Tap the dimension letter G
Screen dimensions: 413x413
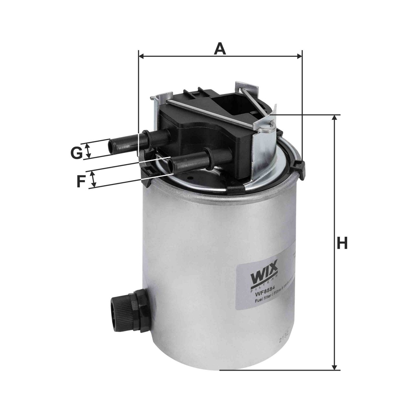click(76, 153)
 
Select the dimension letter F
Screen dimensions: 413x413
click(81, 181)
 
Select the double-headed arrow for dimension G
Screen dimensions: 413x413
click(88, 151)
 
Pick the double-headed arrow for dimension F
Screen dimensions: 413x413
click(94, 179)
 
